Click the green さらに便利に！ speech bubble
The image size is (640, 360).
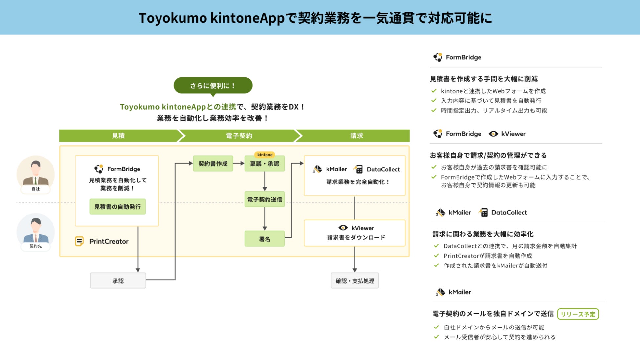(x=213, y=85)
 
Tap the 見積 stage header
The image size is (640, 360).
(x=118, y=136)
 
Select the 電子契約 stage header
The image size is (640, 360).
(x=239, y=136)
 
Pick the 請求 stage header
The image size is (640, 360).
(x=356, y=136)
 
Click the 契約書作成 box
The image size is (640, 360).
(x=213, y=163)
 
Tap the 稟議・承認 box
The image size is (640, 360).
(x=264, y=163)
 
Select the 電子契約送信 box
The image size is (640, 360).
(x=264, y=199)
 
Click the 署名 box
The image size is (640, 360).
(x=264, y=239)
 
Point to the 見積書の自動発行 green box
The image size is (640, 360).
(x=117, y=206)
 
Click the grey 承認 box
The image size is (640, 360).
(x=118, y=281)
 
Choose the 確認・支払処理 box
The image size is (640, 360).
(x=354, y=281)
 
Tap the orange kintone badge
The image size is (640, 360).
(x=265, y=155)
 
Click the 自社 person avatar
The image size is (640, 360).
(x=35, y=172)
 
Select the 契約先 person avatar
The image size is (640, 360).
(x=35, y=230)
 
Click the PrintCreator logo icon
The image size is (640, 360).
(x=79, y=241)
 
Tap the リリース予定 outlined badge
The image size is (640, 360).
(x=578, y=314)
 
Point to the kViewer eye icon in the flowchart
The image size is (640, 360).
(x=343, y=228)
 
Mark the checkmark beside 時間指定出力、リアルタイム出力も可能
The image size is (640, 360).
(x=434, y=110)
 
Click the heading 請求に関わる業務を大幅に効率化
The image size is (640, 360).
(x=483, y=234)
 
